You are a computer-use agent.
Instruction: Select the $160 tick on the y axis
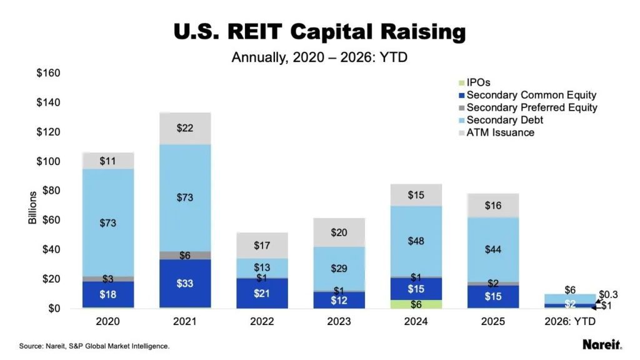pyautogui.click(x=48, y=73)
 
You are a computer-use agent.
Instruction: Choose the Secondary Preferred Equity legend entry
pyautogui.click(x=531, y=107)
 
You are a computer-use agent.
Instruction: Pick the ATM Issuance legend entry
pyautogui.click(x=500, y=132)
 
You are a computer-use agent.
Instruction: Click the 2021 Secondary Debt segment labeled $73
pyautogui.click(x=185, y=197)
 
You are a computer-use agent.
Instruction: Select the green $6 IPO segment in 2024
pyautogui.click(x=416, y=304)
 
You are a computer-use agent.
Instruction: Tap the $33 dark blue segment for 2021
pyautogui.click(x=185, y=283)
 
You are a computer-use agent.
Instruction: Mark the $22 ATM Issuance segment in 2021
pyautogui.click(x=185, y=128)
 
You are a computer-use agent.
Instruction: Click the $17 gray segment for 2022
pyautogui.click(x=262, y=246)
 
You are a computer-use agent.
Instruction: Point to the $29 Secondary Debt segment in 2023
pyautogui.click(x=339, y=269)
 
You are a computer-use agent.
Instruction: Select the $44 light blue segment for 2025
pyautogui.click(x=493, y=249)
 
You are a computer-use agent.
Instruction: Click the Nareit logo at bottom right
pyautogui.click(x=602, y=344)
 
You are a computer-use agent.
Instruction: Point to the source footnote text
pyautogui.click(x=94, y=346)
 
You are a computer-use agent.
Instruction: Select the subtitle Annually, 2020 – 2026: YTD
pyautogui.click(x=319, y=57)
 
